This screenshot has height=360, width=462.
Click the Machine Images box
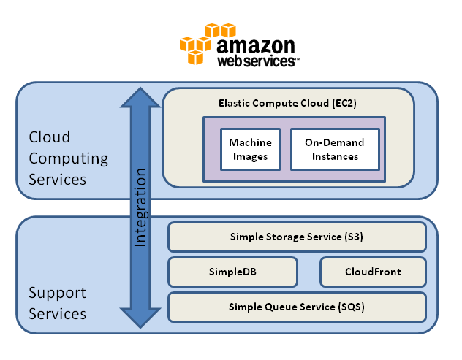coord(249,150)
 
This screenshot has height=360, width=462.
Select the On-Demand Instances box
coord(334,150)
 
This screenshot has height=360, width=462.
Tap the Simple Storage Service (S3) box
coord(296,237)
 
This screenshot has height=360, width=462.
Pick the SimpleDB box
coord(232,272)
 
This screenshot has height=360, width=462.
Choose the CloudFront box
coord(373,272)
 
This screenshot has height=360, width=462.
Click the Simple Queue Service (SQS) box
coord(296,307)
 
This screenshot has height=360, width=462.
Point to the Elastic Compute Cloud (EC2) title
coord(287,104)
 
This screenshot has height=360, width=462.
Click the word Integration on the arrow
coord(141,208)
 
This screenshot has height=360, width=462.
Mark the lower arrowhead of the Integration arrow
coord(140,318)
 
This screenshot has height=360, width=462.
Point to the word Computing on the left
coord(68,158)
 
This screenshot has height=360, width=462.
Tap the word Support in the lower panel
coord(57,293)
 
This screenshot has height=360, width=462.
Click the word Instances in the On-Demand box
coord(334,156)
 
